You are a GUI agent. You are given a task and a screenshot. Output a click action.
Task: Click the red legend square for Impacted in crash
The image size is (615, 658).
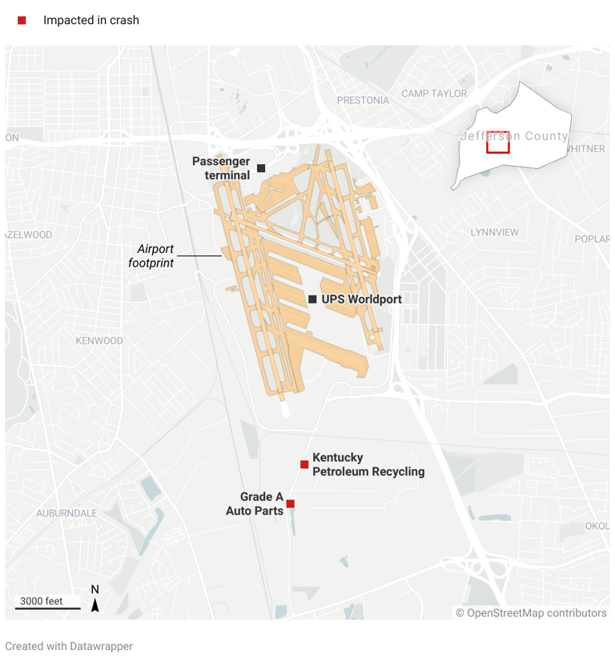coord(22,20)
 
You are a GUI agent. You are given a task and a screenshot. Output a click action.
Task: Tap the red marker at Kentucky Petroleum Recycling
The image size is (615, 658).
coord(304,464)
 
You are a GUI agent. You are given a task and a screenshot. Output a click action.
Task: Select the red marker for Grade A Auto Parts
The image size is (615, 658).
coord(291,504)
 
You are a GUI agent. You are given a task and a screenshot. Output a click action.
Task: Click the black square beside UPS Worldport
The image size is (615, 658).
coord(312,299)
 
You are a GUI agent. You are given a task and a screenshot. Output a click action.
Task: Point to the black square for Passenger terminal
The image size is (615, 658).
coord(261,168)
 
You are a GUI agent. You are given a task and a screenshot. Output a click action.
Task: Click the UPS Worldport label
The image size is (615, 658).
coord(361,299)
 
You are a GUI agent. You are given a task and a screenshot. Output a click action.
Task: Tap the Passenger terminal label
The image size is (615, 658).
coord(221,168)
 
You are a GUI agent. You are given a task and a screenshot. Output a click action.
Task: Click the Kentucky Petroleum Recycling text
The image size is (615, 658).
coord(368,464)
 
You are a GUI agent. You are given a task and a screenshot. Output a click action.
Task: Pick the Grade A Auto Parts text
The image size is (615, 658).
coord(255,504)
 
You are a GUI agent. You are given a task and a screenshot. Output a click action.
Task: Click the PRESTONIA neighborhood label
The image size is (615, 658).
coord(363,100)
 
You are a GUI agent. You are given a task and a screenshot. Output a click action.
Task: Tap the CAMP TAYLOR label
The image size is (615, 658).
coord(434,94)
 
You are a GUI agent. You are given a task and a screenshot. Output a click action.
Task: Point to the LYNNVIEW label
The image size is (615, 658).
coord(494,232)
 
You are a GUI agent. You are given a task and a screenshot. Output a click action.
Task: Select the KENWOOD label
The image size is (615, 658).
coord(99,340)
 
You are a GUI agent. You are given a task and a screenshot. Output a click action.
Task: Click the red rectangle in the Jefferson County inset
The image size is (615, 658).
coord(498,142)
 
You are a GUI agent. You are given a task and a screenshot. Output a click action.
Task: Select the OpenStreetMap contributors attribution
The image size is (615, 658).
coord(531,613)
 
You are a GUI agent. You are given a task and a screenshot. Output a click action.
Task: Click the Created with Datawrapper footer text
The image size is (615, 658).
coord(69,646)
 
